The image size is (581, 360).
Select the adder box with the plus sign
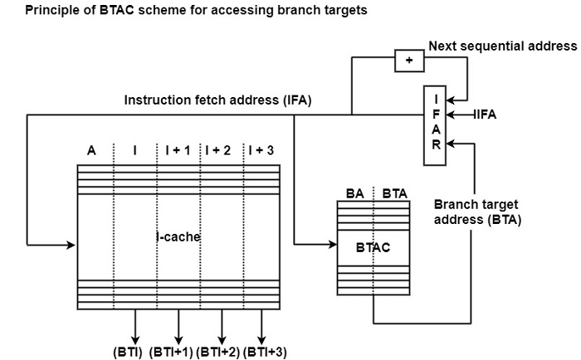point(408,60)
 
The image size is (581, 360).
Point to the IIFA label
point(485,115)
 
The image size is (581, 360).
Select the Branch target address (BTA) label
point(477,211)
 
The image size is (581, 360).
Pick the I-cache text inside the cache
point(178,237)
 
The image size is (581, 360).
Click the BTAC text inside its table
point(373,247)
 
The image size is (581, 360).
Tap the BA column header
point(354,193)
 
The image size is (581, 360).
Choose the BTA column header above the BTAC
point(393,193)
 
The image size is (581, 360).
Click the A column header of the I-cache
point(91,150)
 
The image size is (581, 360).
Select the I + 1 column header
point(178,150)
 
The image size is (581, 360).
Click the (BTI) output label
point(129,352)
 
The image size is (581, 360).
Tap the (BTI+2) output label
point(218,352)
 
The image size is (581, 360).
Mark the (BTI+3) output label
point(265,352)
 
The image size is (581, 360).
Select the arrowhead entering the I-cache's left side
point(71,245)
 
